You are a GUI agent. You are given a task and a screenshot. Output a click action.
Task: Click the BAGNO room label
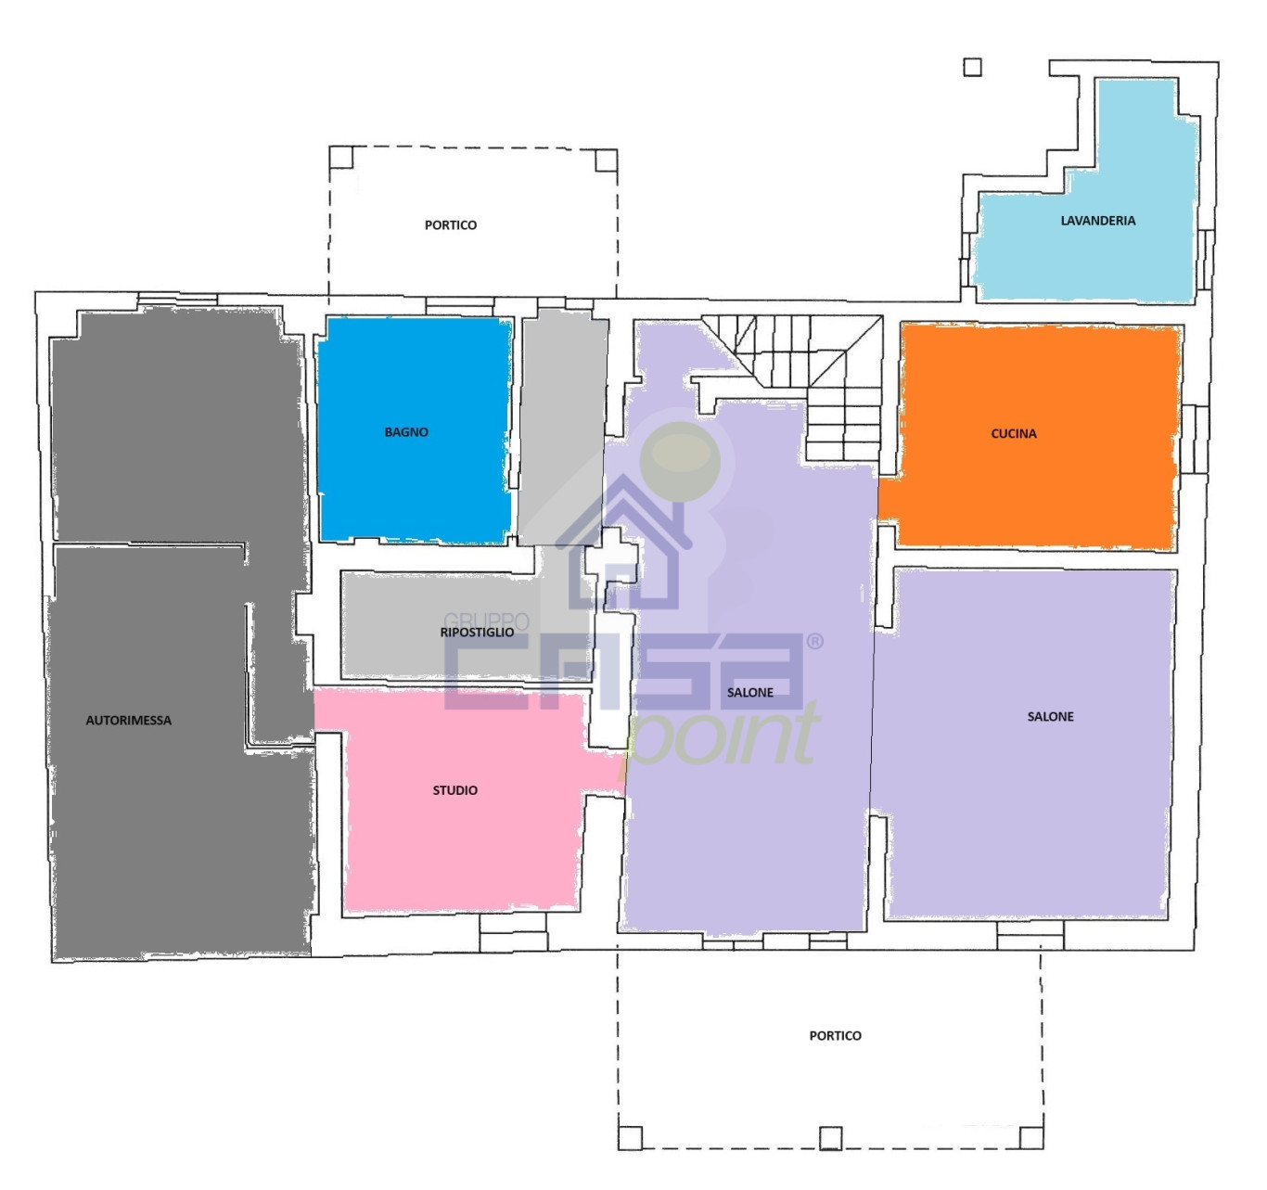click(406, 432)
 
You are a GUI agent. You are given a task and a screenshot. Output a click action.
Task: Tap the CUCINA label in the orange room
click(1013, 433)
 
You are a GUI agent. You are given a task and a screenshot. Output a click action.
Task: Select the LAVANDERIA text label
click(1097, 220)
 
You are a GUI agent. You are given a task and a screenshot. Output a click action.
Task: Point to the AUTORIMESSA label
click(129, 720)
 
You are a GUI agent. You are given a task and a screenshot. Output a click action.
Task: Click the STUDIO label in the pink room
click(454, 790)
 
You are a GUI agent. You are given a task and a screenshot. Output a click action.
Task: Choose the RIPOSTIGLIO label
click(477, 632)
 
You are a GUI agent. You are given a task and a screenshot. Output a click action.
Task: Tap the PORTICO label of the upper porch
click(451, 224)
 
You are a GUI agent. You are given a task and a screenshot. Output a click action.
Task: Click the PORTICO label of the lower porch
click(835, 1035)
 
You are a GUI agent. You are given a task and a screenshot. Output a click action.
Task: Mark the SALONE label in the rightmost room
click(1050, 716)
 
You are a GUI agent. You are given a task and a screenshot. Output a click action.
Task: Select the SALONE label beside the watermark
click(750, 692)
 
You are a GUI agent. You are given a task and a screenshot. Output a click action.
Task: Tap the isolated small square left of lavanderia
click(972, 67)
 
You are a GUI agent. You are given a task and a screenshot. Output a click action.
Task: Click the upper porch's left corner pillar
click(341, 157)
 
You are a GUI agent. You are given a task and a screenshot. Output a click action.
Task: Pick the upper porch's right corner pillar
click(606, 160)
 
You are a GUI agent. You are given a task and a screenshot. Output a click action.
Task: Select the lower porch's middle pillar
click(831, 1138)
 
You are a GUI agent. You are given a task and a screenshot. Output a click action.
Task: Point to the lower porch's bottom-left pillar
click(631, 1138)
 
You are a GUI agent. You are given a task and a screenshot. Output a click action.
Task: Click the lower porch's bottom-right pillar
click(1031, 1137)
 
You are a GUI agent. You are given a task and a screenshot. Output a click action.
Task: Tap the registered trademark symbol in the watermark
click(815, 641)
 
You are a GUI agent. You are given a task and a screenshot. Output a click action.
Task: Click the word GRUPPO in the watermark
click(486, 621)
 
